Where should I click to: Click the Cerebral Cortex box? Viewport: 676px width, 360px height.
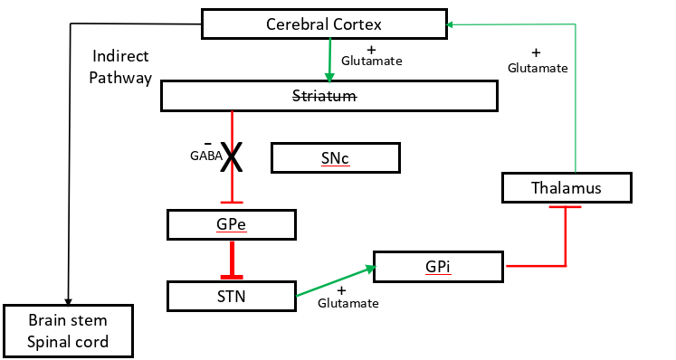tap(325, 24)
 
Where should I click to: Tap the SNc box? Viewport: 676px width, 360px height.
tap(335, 158)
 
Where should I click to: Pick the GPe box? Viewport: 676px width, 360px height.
tap(232, 224)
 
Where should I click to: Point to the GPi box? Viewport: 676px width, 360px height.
tap(437, 266)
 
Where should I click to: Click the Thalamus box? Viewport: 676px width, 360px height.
tap(566, 187)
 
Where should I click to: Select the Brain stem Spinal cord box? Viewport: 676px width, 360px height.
tap(68, 330)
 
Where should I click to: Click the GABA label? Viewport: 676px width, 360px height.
tap(204, 156)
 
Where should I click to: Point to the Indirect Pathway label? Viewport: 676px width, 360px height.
tap(121, 67)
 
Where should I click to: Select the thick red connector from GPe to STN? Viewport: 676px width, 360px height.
tap(233, 259)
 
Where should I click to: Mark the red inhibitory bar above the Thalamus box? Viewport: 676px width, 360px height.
tap(566, 207)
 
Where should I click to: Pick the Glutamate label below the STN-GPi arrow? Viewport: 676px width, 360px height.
tap(348, 303)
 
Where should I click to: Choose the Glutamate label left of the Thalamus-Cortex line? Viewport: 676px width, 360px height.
tap(538, 68)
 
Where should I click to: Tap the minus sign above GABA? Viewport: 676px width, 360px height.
tap(208, 143)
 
